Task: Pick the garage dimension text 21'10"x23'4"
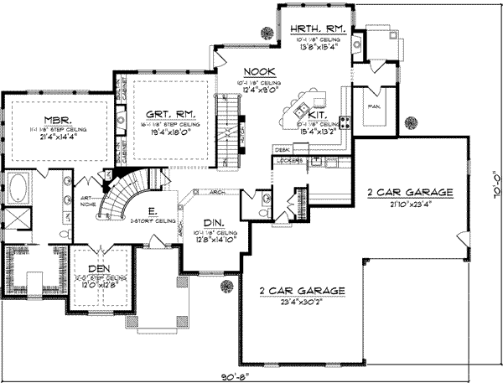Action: pyautogui.click(x=410, y=203)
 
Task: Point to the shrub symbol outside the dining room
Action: pyautogui.click(x=225, y=287)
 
